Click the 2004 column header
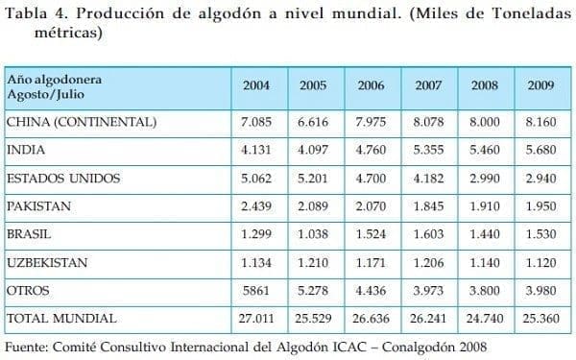coord(256,86)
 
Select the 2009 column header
coord(540,86)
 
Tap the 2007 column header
coord(427,86)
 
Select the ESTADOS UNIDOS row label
coord(60,178)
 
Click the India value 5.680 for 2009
coord(540,150)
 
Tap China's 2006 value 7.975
coord(371,122)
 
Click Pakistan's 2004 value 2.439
coord(256,205)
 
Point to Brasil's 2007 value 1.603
coord(427,233)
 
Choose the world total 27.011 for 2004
coord(256,317)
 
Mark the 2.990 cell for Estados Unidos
coord(485,178)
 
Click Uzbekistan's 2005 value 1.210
coord(313,261)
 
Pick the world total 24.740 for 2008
coord(485,317)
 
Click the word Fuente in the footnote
coord(29,345)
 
